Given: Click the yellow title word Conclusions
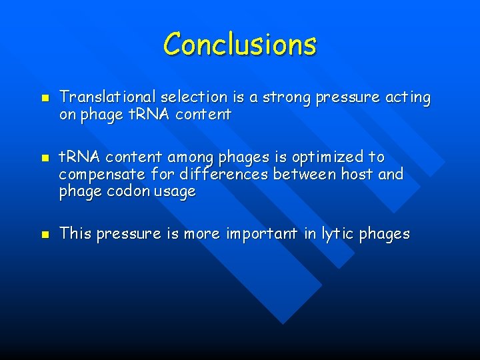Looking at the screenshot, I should tap(240, 44).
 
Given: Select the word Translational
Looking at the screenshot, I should tap(107, 98).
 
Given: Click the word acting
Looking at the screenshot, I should tap(408, 98).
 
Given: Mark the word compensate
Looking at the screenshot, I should tap(100, 175).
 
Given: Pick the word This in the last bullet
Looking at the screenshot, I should tap(75, 233).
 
